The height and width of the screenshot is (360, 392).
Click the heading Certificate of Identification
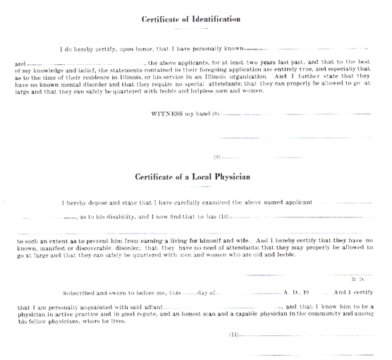(191, 19)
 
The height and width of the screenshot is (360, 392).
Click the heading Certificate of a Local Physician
(192, 176)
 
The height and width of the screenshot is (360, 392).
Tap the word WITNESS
(167, 114)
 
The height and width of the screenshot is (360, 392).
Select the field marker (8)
(216, 114)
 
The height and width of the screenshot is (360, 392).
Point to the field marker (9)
(216, 157)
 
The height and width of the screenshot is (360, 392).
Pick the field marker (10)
(224, 217)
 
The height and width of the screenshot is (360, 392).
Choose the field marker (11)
(234, 335)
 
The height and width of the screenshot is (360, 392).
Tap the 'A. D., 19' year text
(296, 292)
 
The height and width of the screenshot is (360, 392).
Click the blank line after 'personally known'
(306, 49)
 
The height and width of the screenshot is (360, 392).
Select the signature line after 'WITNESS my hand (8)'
(295, 114)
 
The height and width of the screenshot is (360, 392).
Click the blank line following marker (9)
(263, 157)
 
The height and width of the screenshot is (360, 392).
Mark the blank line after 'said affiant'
(223, 308)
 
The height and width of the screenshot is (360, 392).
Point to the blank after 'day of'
(249, 294)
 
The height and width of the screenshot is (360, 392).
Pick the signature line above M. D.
(305, 275)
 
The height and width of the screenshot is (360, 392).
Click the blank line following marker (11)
(306, 335)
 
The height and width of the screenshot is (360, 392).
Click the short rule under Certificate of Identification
(192, 29)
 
